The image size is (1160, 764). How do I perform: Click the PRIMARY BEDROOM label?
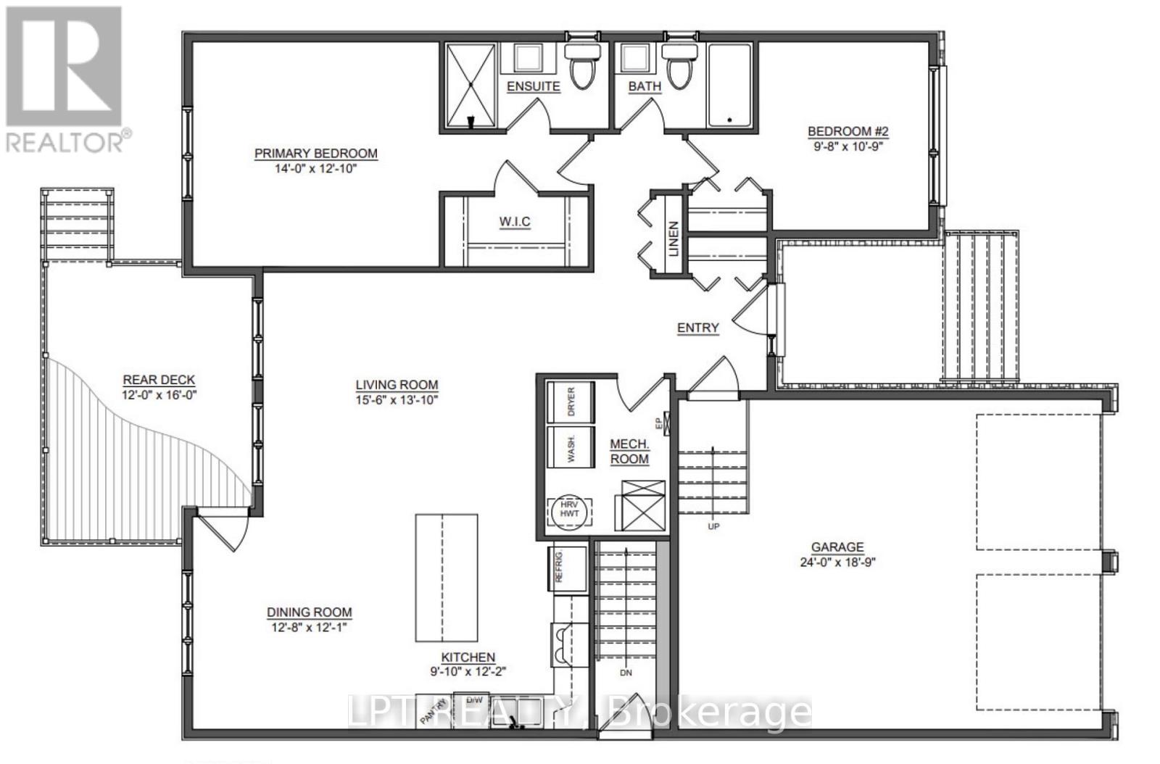315,154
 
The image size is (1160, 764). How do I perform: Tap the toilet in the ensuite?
582,66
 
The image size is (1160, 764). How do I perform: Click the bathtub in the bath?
731,86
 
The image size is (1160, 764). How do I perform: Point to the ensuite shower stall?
469,86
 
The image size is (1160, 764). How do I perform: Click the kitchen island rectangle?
446,578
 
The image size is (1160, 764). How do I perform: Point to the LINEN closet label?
673,238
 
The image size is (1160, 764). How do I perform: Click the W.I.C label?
515,221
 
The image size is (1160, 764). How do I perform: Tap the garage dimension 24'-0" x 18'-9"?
837,562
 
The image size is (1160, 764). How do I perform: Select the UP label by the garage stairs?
713,526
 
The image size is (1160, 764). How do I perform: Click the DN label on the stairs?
626,673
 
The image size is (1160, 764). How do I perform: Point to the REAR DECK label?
159,380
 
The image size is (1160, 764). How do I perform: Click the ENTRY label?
697,328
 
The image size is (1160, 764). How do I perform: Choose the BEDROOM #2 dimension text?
848,145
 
